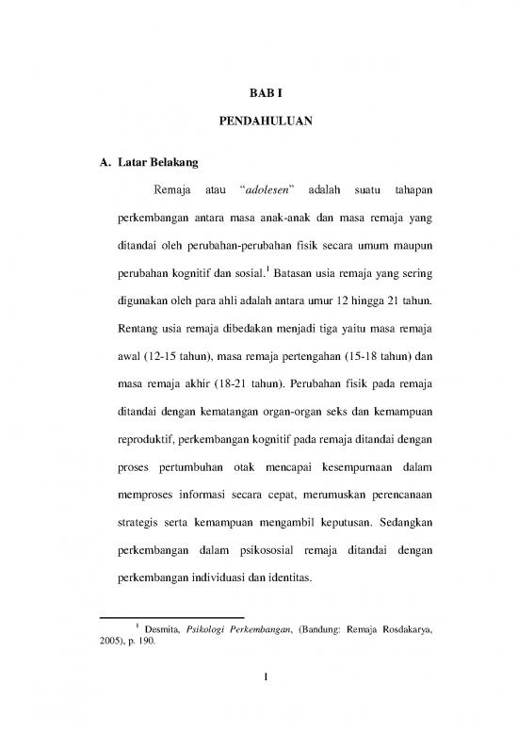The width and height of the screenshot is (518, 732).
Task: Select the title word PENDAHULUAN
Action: (x=259, y=121)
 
